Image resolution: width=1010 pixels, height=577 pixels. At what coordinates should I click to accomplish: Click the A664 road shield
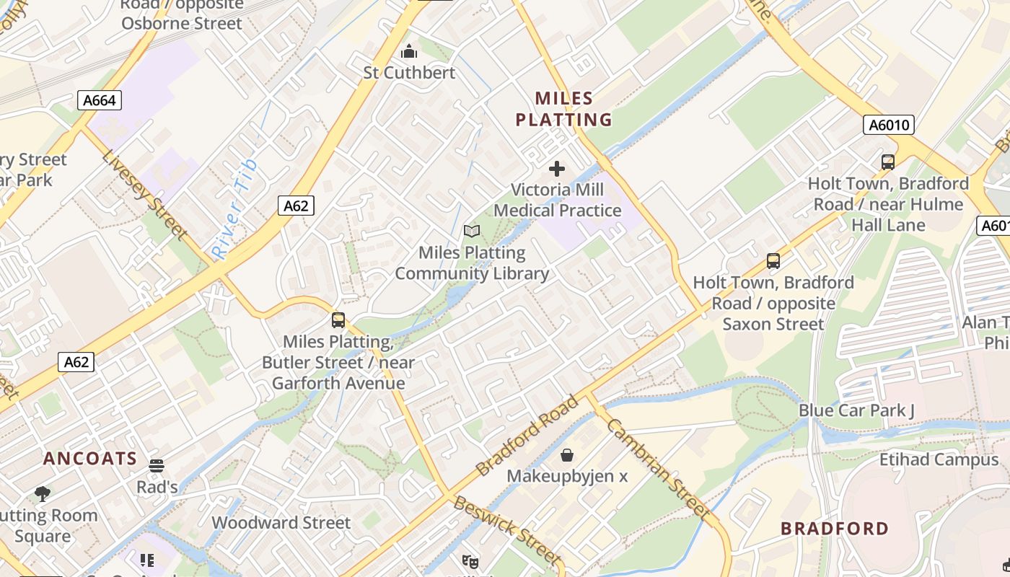100,100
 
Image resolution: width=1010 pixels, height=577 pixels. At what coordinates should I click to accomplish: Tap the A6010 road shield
888,125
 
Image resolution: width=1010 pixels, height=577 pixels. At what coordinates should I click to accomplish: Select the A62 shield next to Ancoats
76,362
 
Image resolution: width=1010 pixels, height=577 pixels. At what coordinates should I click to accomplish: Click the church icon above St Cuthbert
409,52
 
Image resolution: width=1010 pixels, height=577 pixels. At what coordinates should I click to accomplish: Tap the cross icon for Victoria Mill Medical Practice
557,169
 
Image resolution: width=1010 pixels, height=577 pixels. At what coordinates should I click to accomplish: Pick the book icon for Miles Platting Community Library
472,232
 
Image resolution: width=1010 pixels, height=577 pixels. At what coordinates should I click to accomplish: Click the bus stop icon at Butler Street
338,320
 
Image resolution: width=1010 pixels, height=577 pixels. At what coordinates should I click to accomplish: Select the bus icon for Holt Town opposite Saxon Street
773,260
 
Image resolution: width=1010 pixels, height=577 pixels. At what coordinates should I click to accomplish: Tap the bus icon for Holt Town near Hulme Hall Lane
888,162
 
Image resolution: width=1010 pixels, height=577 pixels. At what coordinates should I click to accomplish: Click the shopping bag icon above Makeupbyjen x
567,455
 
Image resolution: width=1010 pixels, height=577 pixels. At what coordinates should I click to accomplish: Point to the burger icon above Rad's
157,466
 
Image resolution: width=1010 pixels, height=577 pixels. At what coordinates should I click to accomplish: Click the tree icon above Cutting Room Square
43,494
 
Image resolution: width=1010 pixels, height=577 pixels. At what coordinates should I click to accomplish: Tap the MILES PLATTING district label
563,109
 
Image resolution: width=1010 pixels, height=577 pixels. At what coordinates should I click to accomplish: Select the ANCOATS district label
90,459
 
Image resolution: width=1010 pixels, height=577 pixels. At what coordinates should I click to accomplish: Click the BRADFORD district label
835,529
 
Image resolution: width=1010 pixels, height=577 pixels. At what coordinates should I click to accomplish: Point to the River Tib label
235,210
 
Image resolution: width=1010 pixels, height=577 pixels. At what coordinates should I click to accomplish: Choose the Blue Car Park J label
856,410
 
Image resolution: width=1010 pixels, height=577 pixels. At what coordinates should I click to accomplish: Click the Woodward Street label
281,522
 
